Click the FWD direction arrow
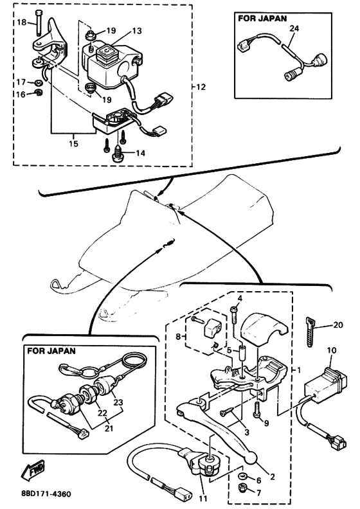[x=33, y=470]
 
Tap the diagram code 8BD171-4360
[x=46, y=494]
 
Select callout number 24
[x=294, y=28]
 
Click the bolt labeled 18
[x=38, y=22]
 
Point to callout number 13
[x=137, y=31]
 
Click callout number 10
[x=332, y=350]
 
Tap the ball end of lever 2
[x=251, y=458]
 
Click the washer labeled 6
[x=242, y=476]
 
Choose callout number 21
[x=109, y=429]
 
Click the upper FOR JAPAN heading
[x=262, y=18]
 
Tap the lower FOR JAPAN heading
[x=51, y=351]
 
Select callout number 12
[x=201, y=87]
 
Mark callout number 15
[x=74, y=143]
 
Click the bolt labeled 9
[x=256, y=410]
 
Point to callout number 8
[x=178, y=337]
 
